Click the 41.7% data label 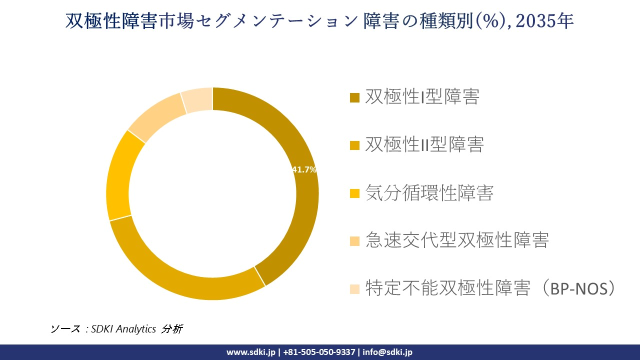point(304,170)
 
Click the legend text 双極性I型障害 point(422,96)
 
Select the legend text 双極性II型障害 point(424,144)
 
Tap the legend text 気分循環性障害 point(429,192)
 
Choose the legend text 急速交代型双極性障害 point(457,240)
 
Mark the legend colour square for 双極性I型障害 point(354,97)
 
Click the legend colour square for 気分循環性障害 point(354,193)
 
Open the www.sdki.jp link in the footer point(250,352)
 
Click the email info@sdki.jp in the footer point(387,352)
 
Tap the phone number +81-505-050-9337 point(319,352)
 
